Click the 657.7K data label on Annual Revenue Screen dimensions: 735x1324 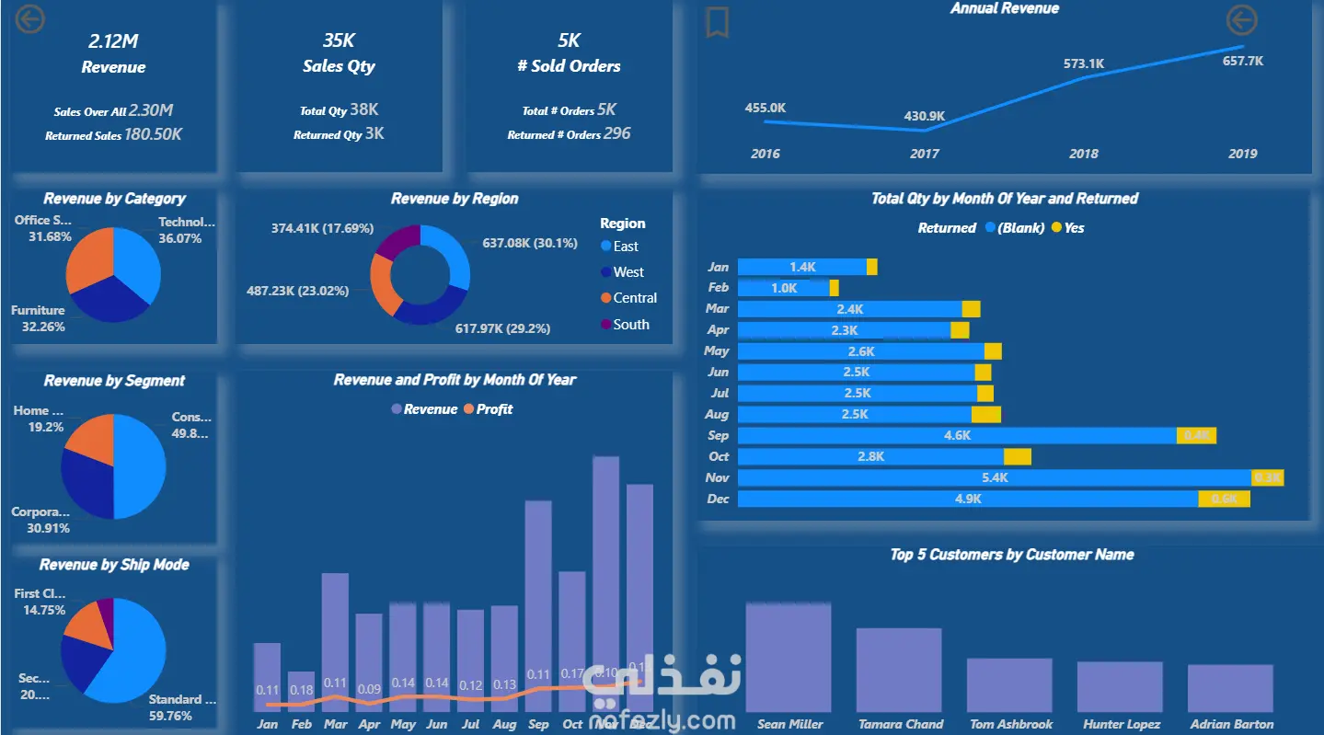coord(1243,61)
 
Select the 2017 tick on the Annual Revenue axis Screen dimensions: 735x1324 coord(925,154)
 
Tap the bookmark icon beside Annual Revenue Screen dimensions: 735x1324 coord(717,23)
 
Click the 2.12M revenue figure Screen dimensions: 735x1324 coord(112,40)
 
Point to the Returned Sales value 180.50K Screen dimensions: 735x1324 coord(154,134)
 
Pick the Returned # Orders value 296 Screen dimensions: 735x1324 coord(617,133)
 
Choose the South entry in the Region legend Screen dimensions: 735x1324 coord(630,325)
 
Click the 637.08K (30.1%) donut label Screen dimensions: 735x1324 coord(530,243)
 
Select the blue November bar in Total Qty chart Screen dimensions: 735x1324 coord(995,478)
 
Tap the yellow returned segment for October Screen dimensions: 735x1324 coord(1017,457)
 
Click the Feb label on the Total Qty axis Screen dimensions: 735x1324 coord(718,288)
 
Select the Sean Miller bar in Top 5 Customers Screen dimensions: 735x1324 coord(789,658)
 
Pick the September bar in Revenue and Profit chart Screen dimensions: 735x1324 coord(538,607)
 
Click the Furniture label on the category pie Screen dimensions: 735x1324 coord(38,311)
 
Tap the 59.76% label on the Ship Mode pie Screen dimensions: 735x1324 coord(170,716)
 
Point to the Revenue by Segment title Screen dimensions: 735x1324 coord(114,381)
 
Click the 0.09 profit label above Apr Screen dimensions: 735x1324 coord(369,689)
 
